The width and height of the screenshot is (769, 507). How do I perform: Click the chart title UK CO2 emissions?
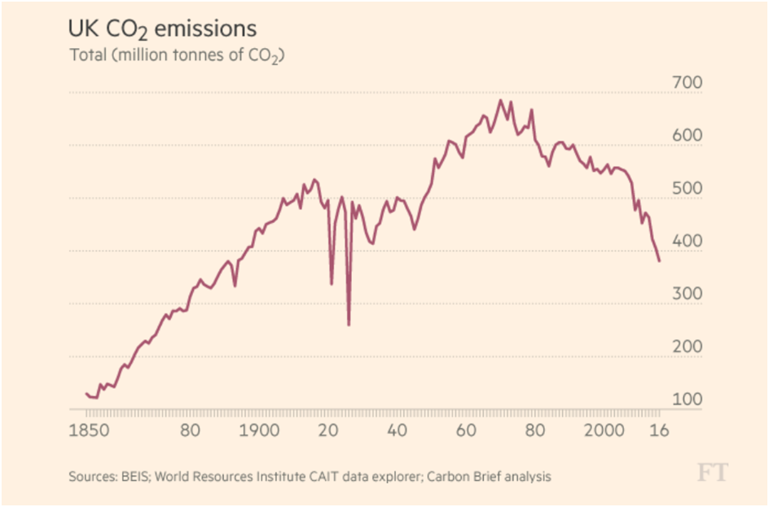[x=162, y=30]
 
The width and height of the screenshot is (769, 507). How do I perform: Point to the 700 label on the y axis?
[x=687, y=83]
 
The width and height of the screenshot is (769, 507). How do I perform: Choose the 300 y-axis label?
[x=687, y=294]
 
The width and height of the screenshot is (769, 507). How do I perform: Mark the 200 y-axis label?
[x=687, y=347]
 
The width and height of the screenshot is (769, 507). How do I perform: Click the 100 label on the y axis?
[x=687, y=400]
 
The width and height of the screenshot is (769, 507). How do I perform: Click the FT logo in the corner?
[x=712, y=472]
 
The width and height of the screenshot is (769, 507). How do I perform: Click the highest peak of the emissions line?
[x=500, y=100]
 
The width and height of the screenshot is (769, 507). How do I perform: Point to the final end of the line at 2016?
[x=659, y=261]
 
